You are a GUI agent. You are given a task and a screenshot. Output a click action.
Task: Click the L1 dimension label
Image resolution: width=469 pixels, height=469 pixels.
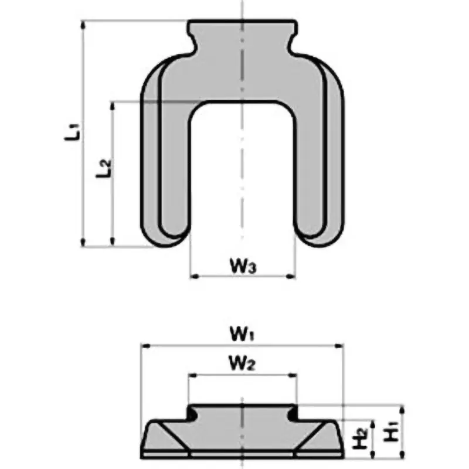click(x=72, y=130)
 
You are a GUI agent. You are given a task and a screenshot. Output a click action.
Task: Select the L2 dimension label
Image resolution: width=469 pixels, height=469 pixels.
click(x=104, y=168)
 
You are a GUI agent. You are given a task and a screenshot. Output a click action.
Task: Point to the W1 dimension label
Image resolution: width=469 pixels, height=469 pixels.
click(x=242, y=336)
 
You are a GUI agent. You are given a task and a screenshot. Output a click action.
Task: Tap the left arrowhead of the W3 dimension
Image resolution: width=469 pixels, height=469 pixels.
click(x=194, y=275)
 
